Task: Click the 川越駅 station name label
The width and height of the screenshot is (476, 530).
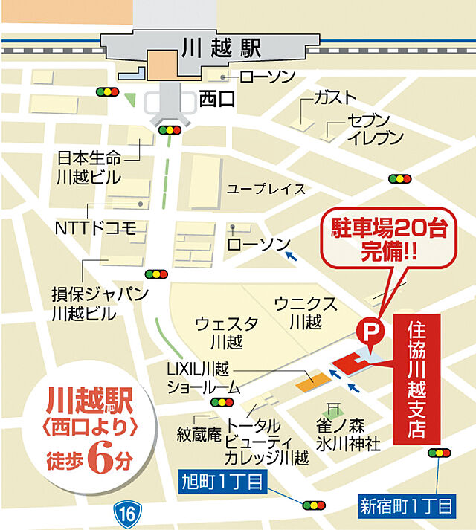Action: coord(221,49)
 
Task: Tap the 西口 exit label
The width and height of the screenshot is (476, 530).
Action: coord(217,98)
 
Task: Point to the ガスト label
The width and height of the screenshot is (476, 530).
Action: coord(335,97)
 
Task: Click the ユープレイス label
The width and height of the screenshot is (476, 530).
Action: coord(266,189)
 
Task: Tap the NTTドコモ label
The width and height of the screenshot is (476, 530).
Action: coord(96,227)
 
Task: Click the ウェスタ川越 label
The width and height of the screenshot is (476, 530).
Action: coord(227,332)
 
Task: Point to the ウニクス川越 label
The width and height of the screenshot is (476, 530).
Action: coord(306,312)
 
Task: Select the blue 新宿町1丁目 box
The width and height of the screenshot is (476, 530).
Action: coord(407,507)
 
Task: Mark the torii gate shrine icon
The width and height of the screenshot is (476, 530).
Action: coord(334,408)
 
